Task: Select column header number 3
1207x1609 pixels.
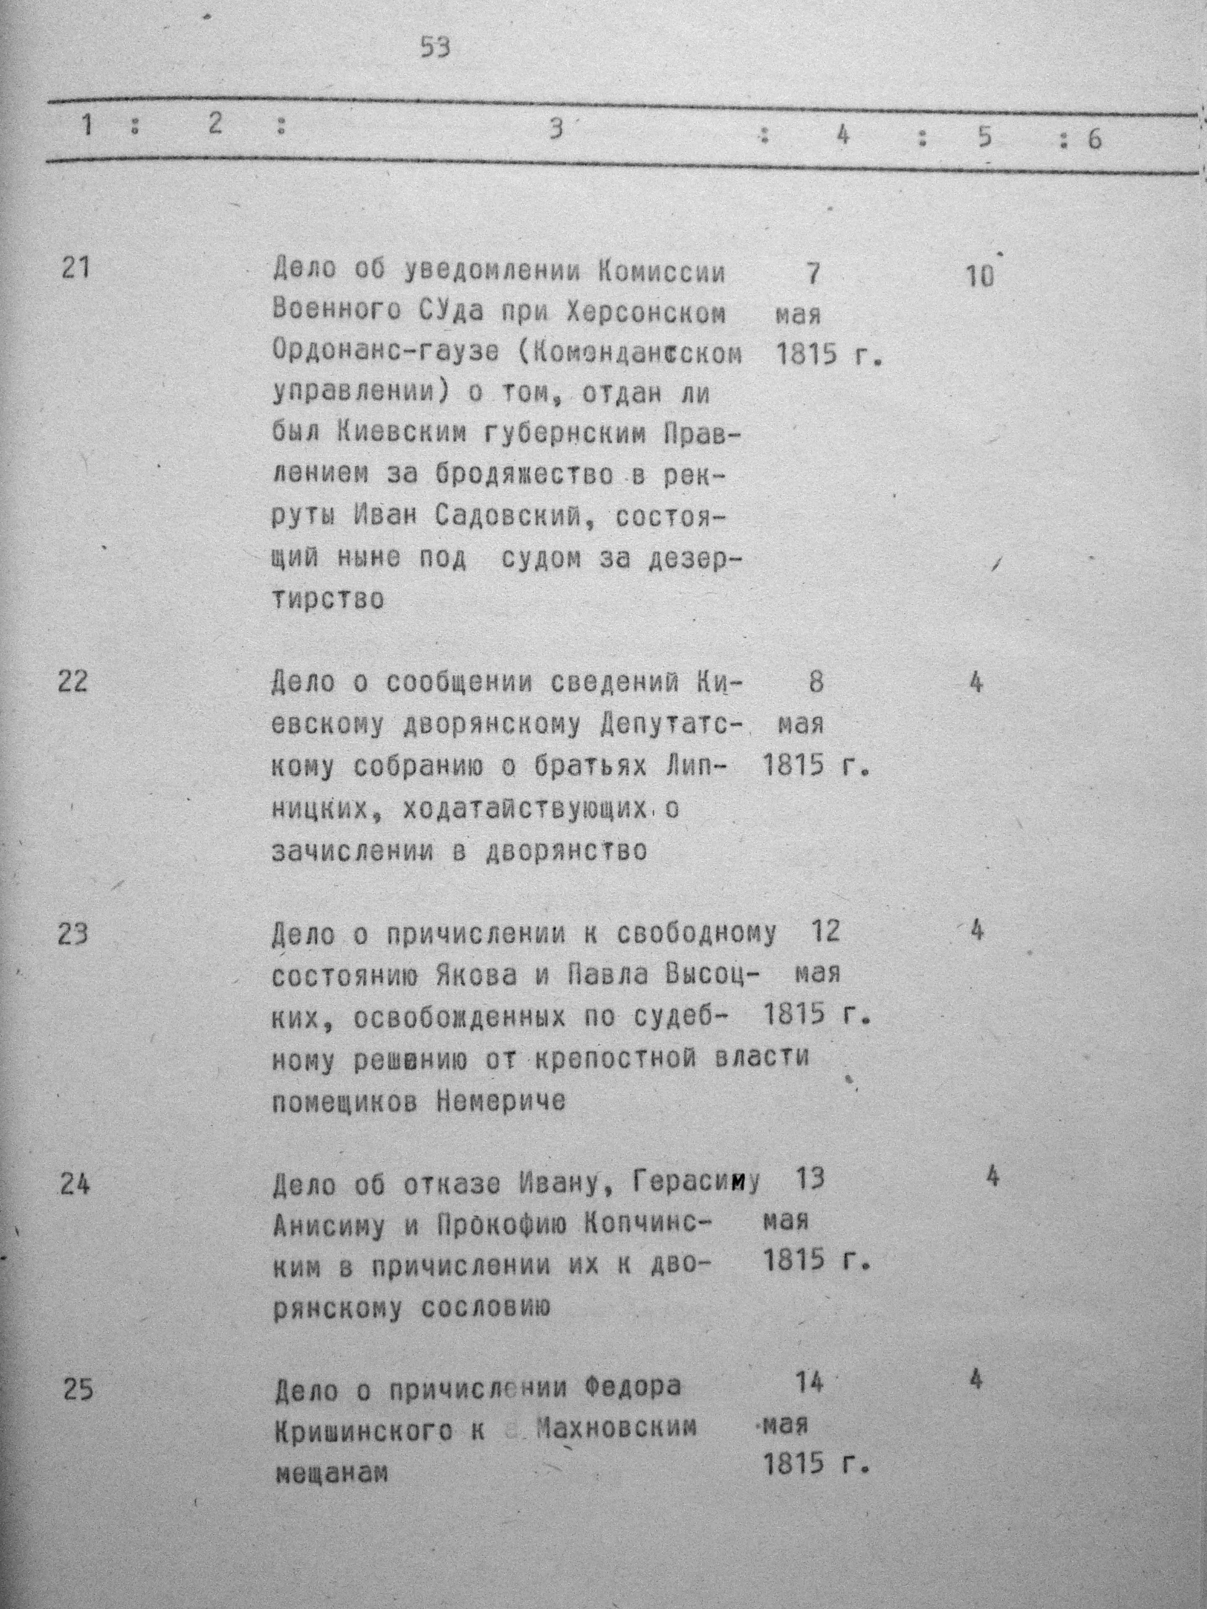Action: [556, 130]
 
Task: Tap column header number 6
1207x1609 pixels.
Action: [1094, 138]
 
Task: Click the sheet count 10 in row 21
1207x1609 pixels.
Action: [980, 276]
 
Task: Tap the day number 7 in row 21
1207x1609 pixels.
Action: [813, 274]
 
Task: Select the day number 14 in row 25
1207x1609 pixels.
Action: [809, 1383]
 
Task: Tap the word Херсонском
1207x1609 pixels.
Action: [645, 313]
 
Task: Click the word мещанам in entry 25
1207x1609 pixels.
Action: [331, 1472]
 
